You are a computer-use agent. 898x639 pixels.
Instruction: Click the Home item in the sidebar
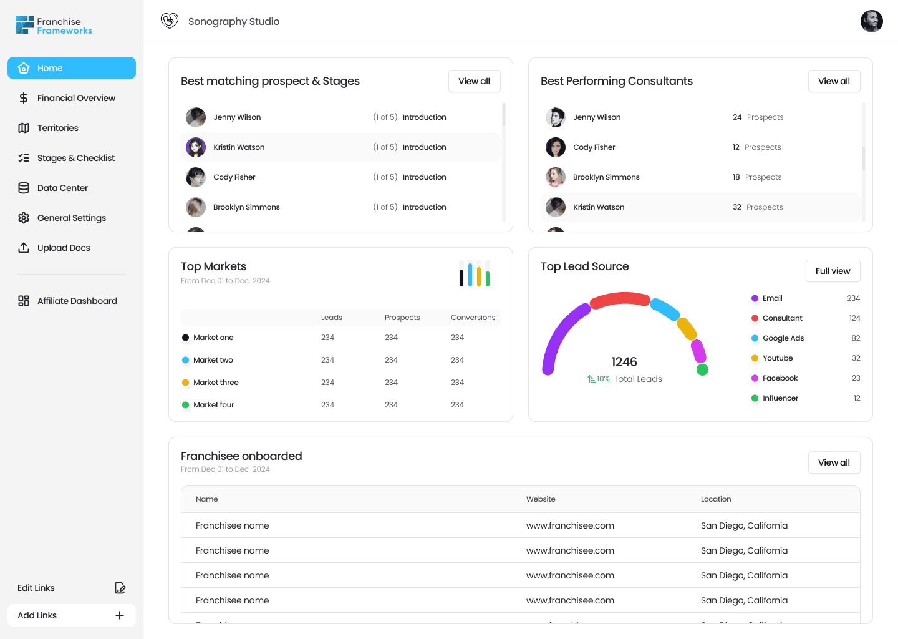(71, 68)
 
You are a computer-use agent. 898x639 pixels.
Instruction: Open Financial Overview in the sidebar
(76, 98)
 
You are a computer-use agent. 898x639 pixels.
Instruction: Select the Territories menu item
(57, 128)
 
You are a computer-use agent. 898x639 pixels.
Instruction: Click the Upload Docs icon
(24, 248)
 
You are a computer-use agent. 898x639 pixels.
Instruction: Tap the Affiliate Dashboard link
(77, 301)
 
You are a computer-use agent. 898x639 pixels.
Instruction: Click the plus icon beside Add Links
(120, 615)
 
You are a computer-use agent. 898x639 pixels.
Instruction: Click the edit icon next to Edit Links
(120, 588)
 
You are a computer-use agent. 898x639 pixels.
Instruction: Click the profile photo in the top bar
(871, 21)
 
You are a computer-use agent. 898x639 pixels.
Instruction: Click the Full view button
(833, 271)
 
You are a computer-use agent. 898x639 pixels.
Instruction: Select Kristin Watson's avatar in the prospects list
(196, 147)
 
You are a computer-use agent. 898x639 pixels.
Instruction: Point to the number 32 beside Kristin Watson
(737, 207)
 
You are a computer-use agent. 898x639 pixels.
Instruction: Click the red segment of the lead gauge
(620, 300)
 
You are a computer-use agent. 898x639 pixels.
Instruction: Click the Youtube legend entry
(777, 358)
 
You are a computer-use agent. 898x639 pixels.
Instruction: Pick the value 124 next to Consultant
(854, 318)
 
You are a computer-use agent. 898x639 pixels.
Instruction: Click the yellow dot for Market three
(185, 383)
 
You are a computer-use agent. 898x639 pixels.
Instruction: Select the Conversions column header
(473, 318)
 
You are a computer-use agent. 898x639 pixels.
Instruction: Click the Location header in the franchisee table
(715, 499)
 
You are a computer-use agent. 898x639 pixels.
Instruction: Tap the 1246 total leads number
(624, 362)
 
